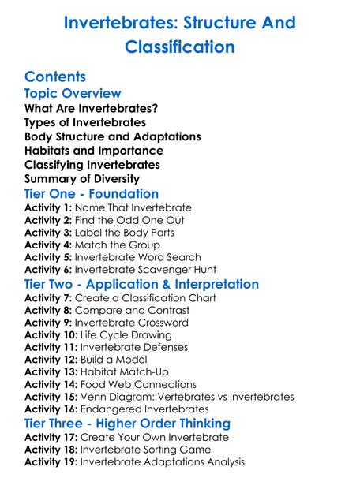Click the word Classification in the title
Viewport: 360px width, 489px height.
coord(180,47)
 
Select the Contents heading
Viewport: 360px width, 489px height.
coord(55,77)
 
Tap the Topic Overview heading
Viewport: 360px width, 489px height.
coord(73,94)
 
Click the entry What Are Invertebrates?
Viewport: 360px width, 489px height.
coord(92,108)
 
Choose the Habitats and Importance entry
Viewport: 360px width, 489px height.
coord(94,151)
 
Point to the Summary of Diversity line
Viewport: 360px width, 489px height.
coord(82,179)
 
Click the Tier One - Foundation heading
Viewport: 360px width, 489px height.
coord(92,194)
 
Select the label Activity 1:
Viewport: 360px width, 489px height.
coord(48,208)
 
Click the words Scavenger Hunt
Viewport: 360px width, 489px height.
coord(177,271)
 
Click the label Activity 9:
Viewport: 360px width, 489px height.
coord(48,323)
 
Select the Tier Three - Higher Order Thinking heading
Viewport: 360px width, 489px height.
coord(127,424)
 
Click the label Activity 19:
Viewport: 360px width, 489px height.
coord(51,462)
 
